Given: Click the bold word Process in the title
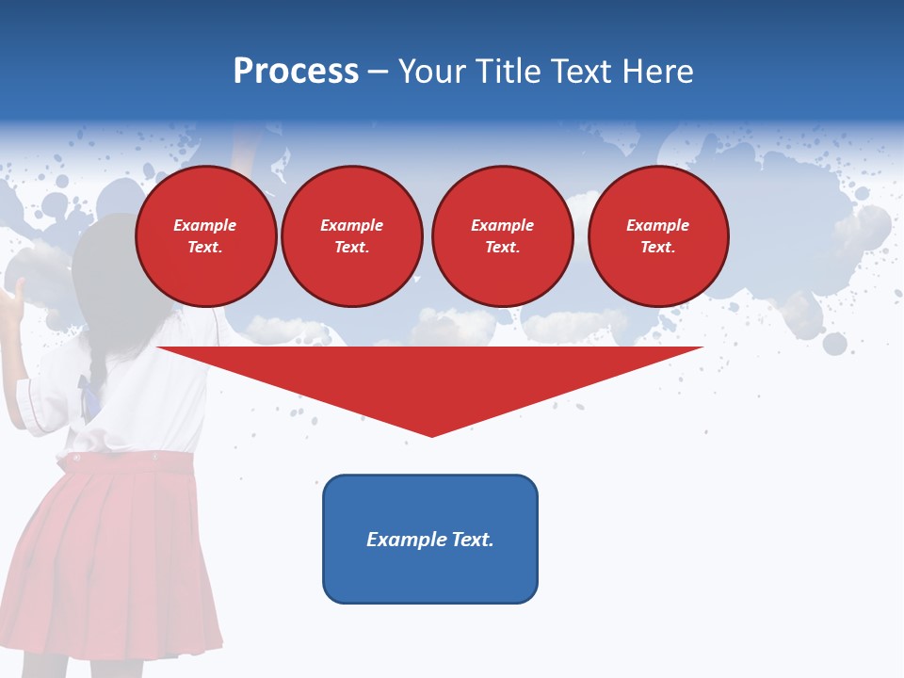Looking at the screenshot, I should pos(296,72).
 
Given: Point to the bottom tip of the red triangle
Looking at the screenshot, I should pos(431,434).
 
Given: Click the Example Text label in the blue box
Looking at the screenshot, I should pos(430,540).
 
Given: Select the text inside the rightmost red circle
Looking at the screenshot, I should pos(658,236).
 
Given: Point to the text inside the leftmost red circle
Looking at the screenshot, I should pos(205,236).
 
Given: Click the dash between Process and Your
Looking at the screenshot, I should pos(379,73).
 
